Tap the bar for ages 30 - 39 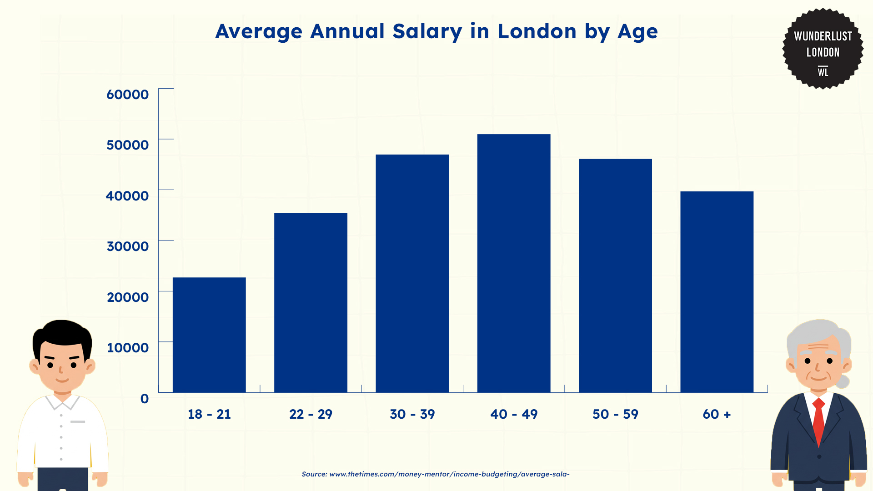coord(412,273)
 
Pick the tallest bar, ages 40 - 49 coord(514,263)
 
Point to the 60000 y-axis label coord(127,95)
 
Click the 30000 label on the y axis coord(127,246)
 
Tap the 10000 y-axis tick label coord(127,348)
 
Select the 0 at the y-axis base coord(145,399)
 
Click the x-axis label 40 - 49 coord(514,414)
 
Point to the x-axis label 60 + coord(717,414)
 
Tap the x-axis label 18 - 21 coord(209,414)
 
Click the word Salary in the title coord(427,32)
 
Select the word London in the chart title coord(537,31)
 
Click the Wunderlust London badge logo coord(823,49)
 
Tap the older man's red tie coord(818,421)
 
